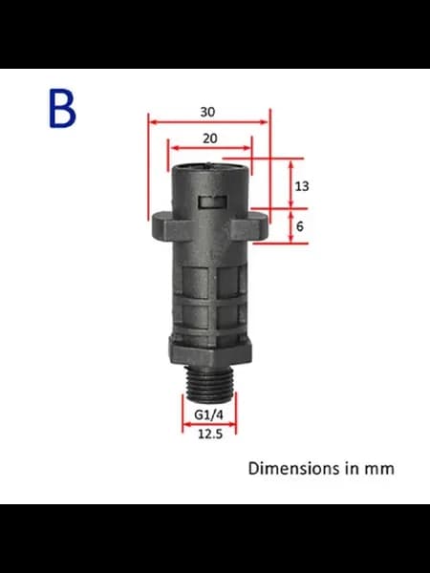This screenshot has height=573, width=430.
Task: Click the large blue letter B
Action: pos(62,109)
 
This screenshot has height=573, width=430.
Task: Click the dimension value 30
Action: pos(207,112)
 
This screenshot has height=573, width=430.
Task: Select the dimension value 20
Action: pos(209,138)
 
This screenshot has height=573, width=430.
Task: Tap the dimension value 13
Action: pos(302,186)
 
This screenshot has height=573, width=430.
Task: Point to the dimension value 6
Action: pos(300,226)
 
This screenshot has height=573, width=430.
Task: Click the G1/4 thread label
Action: pos(208,414)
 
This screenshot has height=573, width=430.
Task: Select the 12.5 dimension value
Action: pos(210,435)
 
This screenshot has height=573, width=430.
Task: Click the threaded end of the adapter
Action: pos(209,383)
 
